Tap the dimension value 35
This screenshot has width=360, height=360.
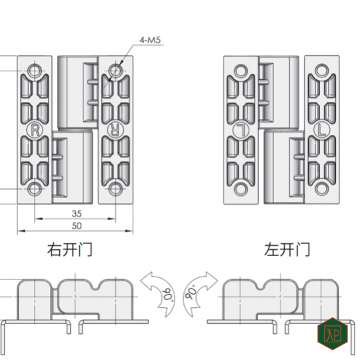(x=77, y=214)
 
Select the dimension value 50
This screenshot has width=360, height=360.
(x=77, y=227)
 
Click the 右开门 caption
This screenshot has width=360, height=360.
(x=69, y=251)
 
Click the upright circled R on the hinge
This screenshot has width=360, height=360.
(x=34, y=129)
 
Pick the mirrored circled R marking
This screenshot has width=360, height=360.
(x=115, y=129)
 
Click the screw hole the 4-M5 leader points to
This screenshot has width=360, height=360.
(x=116, y=69)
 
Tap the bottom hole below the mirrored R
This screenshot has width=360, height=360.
(x=116, y=189)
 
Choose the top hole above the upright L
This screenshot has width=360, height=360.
(x=322, y=69)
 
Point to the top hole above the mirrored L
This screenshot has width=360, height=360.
(x=240, y=69)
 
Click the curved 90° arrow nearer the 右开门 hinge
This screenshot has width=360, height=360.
(x=158, y=291)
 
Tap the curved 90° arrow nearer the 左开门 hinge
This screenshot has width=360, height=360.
(x=200, y=291)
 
